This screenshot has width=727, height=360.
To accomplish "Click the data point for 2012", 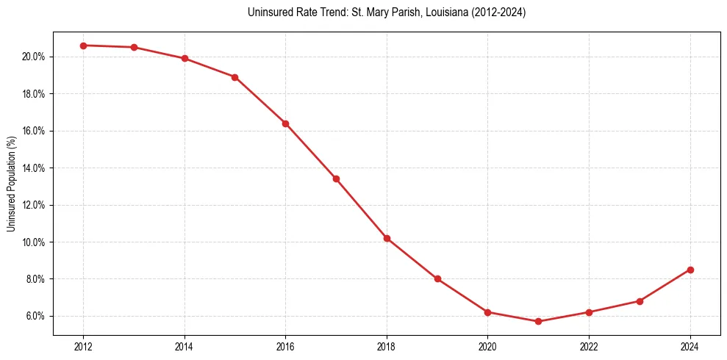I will (x=83, y=46).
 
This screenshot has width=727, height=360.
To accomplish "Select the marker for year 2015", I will (x=235, y=77).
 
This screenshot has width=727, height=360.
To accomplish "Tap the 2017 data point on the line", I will (x=336, y=179).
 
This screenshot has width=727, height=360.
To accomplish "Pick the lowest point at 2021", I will (x=538, y=321).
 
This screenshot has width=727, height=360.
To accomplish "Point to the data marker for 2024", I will (x=690, y=270).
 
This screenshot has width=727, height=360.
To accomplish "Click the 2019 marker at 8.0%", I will (x=437, y=279).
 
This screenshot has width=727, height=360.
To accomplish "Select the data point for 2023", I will (x=640, y=301).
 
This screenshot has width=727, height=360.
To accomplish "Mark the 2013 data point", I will (x=134, y=47).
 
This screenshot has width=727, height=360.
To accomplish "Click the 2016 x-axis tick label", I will (x=285, y=347).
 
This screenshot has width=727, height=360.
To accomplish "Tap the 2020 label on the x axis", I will (x=487, y=347).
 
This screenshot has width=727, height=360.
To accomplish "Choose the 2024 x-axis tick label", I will (x=690, y=347).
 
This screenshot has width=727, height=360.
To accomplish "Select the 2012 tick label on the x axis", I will (x=83, y=347).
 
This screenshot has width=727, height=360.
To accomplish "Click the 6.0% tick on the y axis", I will (x=37, y=316).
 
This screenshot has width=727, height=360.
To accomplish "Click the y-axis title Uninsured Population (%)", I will (x=12, y=184).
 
